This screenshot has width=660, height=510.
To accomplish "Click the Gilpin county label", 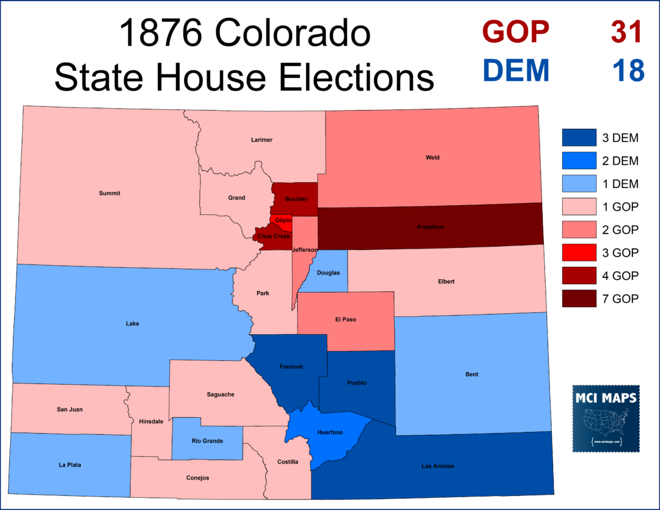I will (282, 220).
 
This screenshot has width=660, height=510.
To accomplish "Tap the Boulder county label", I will (296, 199).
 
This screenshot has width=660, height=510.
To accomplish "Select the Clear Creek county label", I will (273, 236).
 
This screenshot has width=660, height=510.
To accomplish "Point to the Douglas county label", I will (328, 272).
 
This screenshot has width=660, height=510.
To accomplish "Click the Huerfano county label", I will (330, 432).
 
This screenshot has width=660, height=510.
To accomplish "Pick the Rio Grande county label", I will (207, 440).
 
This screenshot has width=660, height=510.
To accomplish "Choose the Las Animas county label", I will (438, 466).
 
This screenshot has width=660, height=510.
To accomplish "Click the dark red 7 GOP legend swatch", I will (578, 299).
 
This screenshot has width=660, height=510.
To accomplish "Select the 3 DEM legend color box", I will (578, 138).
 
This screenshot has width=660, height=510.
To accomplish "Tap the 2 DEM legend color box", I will (578, 161).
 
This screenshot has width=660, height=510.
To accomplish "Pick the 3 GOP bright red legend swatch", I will (578, 253).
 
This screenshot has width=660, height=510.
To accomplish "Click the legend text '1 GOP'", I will (620, 207).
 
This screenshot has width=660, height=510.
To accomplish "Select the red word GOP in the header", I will (515, 31).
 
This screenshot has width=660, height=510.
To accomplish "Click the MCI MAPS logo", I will (606, 418).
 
